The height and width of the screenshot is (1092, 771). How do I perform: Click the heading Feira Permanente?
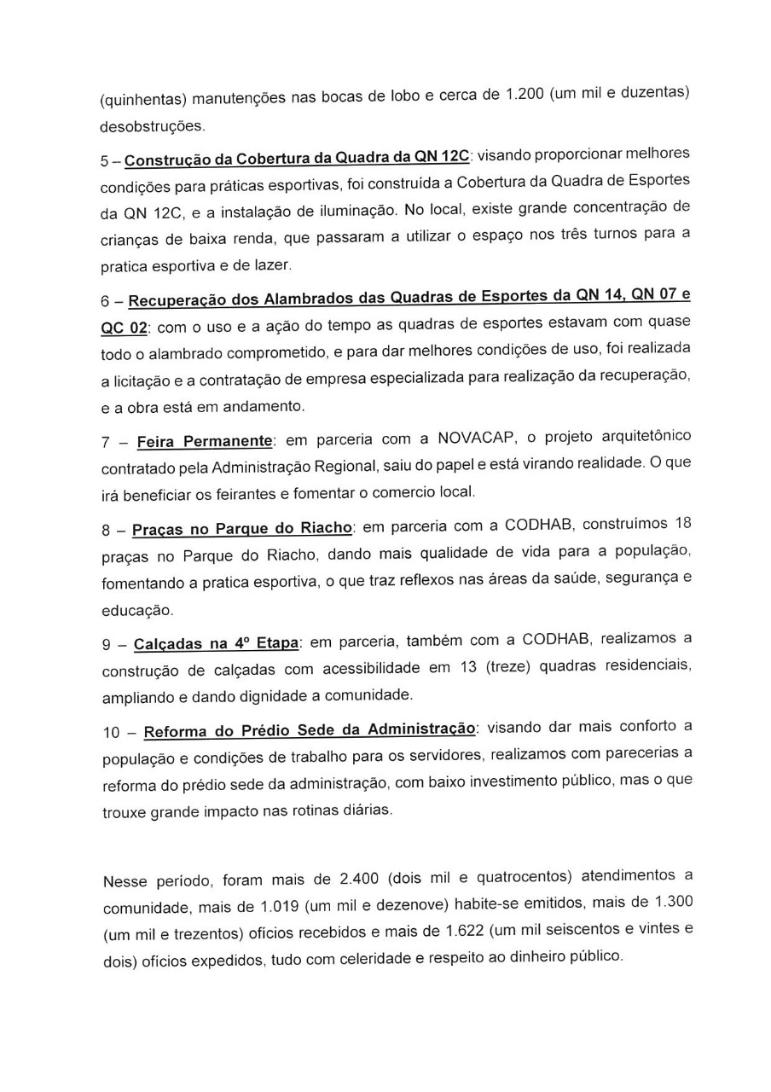click(x=205, y=442)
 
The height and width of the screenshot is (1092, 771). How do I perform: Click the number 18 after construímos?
click(x=682, y=523)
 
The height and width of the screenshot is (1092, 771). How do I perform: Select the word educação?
click(x=136, y=611)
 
